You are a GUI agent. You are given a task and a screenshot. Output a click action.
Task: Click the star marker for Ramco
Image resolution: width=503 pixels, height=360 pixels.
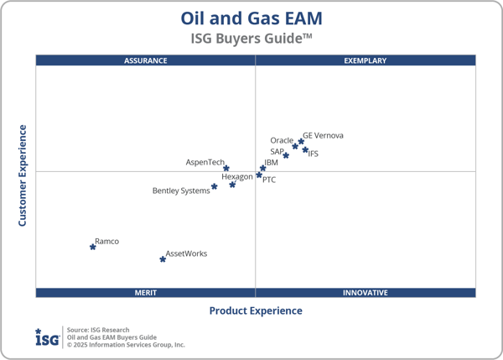pos(93,247)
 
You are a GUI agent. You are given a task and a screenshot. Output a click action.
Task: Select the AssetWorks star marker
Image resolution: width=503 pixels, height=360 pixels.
pos(163,259)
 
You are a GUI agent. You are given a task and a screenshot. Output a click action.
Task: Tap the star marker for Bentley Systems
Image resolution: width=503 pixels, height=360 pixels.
pos(215,186)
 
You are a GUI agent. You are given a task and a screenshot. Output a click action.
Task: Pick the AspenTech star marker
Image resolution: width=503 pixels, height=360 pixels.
pos(226,169)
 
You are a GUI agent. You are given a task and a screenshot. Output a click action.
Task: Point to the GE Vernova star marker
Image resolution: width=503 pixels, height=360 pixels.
pos(301,141)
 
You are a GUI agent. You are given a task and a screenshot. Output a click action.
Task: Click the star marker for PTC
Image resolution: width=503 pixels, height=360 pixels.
pos(259,175)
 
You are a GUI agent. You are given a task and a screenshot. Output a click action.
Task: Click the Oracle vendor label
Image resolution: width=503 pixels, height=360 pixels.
pos(282,140)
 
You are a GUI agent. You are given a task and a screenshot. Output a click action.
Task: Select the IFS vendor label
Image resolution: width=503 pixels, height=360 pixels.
pos(314,154)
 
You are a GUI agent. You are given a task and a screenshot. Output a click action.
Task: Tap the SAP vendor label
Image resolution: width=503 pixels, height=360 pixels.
pos(277,152)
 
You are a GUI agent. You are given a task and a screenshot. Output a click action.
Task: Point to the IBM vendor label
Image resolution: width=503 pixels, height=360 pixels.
pos(271,163)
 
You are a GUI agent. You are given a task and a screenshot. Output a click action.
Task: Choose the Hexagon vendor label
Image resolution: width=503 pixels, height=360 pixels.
pos(237,177)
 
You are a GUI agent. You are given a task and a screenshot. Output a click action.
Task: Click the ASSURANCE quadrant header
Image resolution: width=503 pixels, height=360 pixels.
pos(146,60)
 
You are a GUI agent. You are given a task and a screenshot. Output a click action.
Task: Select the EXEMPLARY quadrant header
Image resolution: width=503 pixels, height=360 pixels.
pos(366,60)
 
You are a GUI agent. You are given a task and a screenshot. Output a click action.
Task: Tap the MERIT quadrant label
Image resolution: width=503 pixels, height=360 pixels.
pos(146,293)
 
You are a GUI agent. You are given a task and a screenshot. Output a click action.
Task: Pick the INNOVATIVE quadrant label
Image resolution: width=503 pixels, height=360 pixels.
pos(366,293)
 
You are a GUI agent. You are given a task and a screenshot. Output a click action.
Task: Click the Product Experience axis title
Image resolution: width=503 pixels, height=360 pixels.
pos(256,310)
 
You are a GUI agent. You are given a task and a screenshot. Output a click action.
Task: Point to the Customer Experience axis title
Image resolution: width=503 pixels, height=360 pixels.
pos(23,175)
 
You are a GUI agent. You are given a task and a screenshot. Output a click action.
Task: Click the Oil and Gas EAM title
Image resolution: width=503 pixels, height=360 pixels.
pos(251,18)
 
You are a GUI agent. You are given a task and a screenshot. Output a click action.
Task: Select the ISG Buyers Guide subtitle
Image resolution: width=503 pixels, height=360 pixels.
pos(251,38)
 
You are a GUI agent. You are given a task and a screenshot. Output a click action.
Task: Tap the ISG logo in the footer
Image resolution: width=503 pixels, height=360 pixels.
pos(46,337)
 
